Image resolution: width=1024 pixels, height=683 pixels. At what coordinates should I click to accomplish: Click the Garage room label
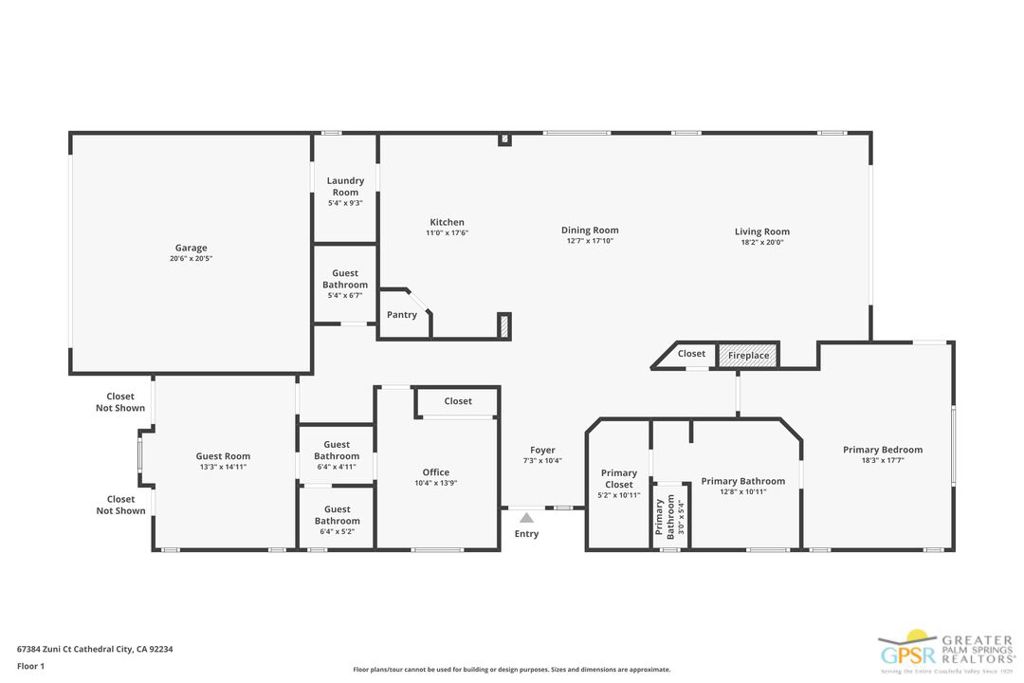pos(191,248)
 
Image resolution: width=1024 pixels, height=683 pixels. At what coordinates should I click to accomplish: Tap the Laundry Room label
pos(345,186)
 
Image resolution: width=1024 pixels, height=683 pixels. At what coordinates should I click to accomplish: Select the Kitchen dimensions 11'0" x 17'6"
pos(447,233)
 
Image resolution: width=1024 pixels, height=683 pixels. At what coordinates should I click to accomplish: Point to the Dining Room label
pos(590,230)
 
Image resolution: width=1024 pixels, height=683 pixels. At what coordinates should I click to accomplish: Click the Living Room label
pos(762,232)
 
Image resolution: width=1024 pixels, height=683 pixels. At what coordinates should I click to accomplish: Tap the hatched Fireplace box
pos(748,355)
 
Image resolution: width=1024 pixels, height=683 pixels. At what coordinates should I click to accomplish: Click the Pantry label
pos(402,315)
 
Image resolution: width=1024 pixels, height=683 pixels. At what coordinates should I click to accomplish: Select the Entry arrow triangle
pos(526,517)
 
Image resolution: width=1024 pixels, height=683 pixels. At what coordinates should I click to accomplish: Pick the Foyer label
pos(543,450)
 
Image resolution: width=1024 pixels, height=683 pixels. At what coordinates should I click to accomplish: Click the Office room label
pos(436,472)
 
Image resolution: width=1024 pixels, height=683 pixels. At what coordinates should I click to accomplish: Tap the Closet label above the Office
pos(458,401)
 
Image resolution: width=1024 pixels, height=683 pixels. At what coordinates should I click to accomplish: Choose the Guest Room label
pos(223,456)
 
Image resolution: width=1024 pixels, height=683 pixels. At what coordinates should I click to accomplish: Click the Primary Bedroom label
pos(882,450)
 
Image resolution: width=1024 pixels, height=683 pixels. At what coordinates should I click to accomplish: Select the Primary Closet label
pos(619,479)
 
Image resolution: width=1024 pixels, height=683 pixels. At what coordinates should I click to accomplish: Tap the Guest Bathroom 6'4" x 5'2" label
pos(337,515)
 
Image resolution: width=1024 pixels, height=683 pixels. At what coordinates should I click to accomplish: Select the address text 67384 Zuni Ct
pos(56,649)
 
